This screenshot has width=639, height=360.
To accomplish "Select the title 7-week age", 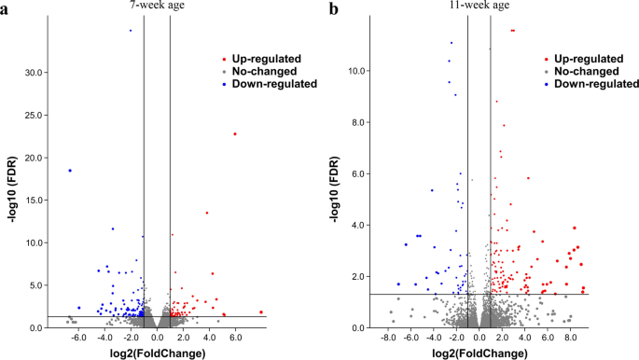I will (x=156, y=7).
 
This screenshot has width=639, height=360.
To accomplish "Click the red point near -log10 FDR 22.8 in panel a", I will (x=235, y=133).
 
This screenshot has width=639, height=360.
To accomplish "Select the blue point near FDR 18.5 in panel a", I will (x=70, y=171).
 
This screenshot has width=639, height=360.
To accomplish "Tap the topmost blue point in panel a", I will (x=131, y=31).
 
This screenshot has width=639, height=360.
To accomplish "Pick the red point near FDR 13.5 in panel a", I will (x=207, y=213).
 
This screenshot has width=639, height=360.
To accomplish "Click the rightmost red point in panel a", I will (x=261, y=312).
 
